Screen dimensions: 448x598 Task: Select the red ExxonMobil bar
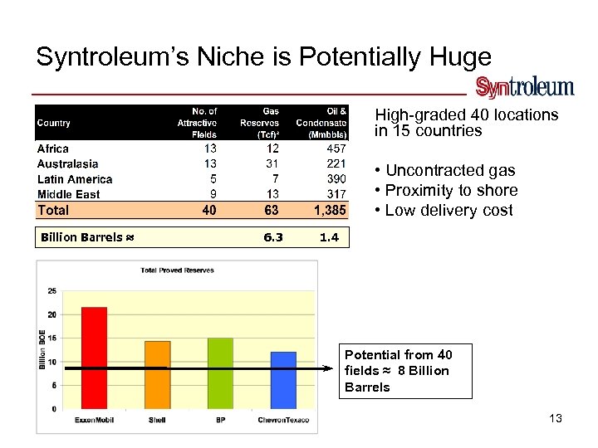point(94,358)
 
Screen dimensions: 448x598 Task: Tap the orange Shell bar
point(157,374)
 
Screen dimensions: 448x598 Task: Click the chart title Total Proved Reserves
point(177,270)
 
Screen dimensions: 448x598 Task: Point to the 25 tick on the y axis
point(51,291)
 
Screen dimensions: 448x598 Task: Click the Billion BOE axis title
point(42,349)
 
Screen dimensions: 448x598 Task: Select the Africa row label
point(53,149)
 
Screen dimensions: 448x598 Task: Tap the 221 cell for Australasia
point(336,164)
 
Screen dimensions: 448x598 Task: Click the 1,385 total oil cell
point(330,211)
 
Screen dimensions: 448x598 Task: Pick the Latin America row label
point(75,179)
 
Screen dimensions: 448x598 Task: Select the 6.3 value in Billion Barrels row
point(272,237)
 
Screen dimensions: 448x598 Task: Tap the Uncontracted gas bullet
point(445,170)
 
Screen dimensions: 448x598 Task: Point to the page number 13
point(556,418)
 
